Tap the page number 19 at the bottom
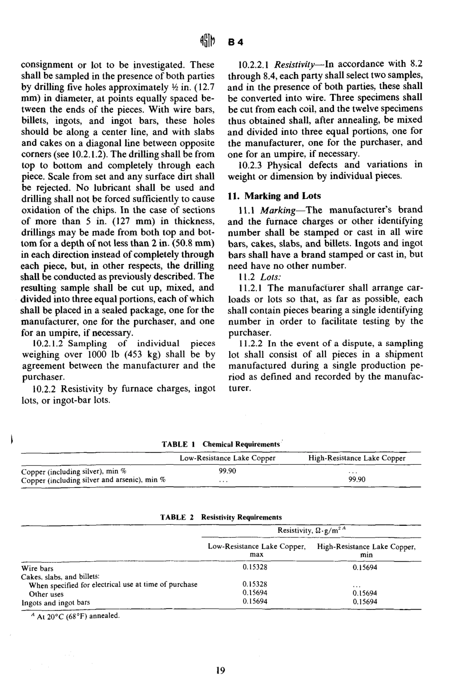220,670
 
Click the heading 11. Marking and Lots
274,196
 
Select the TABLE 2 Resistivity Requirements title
221,517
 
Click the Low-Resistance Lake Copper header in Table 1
227,458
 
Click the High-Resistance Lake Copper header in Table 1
357,458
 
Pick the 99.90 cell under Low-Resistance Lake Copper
227,471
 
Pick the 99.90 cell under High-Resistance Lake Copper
357,479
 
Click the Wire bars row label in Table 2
37,568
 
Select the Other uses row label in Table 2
46,594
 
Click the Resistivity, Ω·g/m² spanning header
313,530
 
